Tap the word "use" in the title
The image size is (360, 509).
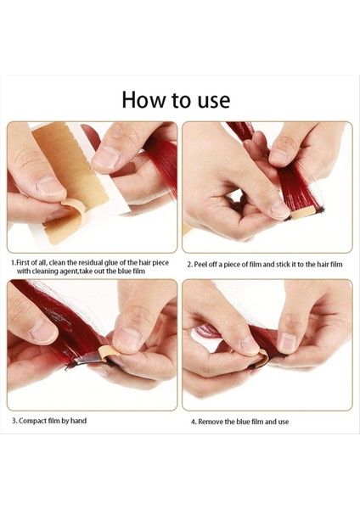tap(214, 101)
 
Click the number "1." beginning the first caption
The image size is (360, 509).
tap(13, 263)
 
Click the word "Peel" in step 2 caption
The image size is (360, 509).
tap(200, 265)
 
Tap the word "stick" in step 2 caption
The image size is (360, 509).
tap(284, 264)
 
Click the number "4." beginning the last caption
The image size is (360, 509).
tap(194, 422)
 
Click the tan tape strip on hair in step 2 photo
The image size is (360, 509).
tap(303, 214)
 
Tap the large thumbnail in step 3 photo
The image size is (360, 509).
tap(128, 338)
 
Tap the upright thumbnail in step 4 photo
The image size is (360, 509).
tap(287, 343)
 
